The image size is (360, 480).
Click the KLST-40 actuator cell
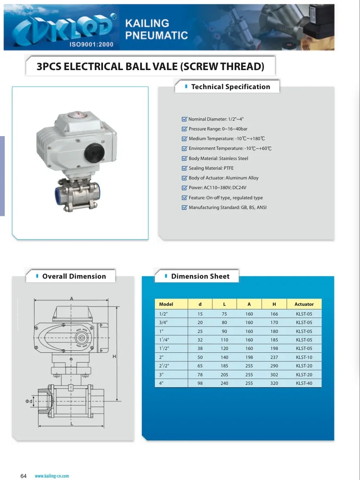tap(304, 383)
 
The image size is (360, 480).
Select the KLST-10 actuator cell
tap(304, 357)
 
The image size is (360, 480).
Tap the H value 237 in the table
tap(274, 357)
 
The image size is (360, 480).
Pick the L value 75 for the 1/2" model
tap(224, 314)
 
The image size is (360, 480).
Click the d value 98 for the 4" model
tap(200, 383)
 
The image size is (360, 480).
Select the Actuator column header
tap(304, 304)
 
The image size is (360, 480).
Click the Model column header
tap(166, 304)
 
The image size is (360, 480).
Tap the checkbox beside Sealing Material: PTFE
tap(184, 168)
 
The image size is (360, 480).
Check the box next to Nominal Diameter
tap(184, 119)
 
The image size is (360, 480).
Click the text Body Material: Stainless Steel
tap(218, 158)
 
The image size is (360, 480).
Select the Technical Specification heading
tap(230, 87)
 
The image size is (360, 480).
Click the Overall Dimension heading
tap(74, 276)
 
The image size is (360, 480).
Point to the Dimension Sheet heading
tap(200, 276)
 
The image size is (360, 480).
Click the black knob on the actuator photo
tap(94, 152)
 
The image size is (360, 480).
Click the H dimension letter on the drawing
tap(114, 356)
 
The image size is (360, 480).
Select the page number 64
tap(24, 476)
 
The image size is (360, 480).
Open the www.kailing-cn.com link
tap(52, 476)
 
